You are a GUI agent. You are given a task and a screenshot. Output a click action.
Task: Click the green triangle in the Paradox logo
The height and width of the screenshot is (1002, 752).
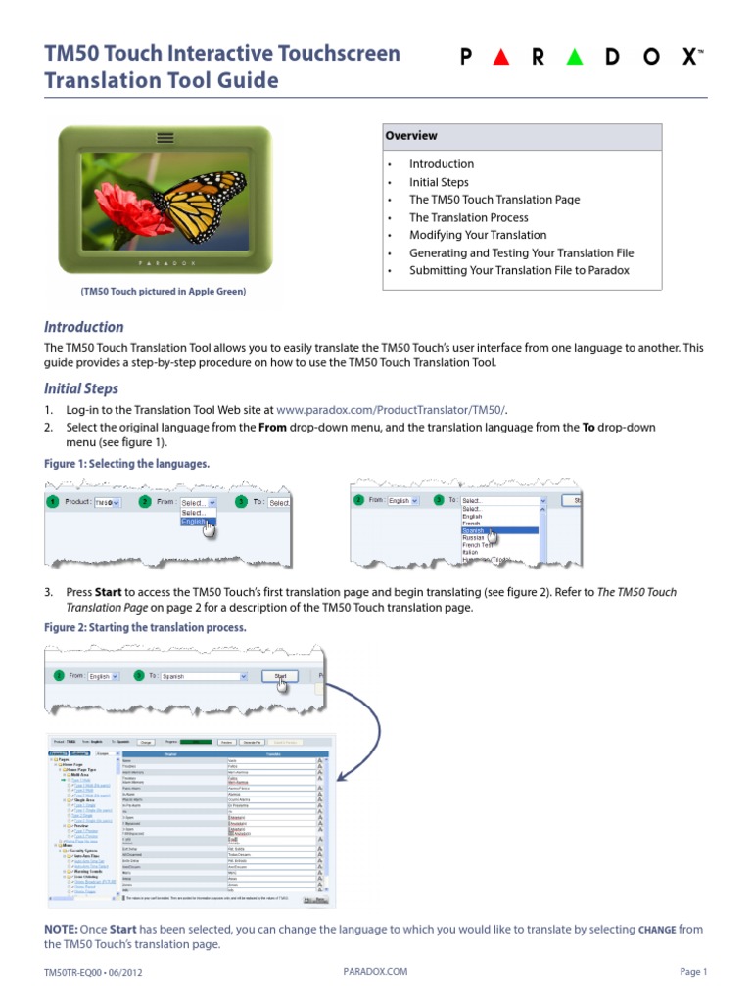point(575,58)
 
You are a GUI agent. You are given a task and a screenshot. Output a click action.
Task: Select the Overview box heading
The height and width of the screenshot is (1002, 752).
point(411,136)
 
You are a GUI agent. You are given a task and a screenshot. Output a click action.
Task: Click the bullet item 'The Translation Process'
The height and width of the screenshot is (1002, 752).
point(468,217)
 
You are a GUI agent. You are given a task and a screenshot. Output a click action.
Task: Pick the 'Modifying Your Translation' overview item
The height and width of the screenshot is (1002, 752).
point(478,235)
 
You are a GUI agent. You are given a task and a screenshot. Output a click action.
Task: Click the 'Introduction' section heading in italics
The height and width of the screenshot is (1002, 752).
point(84,327)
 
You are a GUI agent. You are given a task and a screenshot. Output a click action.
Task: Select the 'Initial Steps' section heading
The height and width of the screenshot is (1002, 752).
point(81,388)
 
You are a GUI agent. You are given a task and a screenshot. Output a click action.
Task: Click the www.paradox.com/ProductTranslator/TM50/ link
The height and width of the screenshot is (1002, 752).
point(393,410)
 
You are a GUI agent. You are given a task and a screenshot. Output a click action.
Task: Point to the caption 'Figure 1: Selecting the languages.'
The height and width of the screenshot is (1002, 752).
point(127,463)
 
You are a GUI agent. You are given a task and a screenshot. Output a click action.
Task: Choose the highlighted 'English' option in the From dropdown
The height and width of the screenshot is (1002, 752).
point(195,523)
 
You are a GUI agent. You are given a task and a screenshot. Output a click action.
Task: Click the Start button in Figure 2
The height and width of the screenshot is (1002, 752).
point(280,676)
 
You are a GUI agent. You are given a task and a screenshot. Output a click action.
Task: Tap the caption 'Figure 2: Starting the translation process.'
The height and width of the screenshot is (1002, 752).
point(146,626)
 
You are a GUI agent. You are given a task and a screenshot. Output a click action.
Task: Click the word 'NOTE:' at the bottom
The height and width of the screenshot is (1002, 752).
point(63,929)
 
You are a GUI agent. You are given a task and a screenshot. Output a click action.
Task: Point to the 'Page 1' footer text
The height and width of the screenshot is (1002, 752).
point(692,972)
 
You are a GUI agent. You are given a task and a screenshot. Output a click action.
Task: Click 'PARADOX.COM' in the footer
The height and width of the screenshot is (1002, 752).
point(375,972)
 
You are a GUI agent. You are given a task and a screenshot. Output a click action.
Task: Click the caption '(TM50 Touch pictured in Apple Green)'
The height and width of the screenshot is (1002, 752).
point(164,292)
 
